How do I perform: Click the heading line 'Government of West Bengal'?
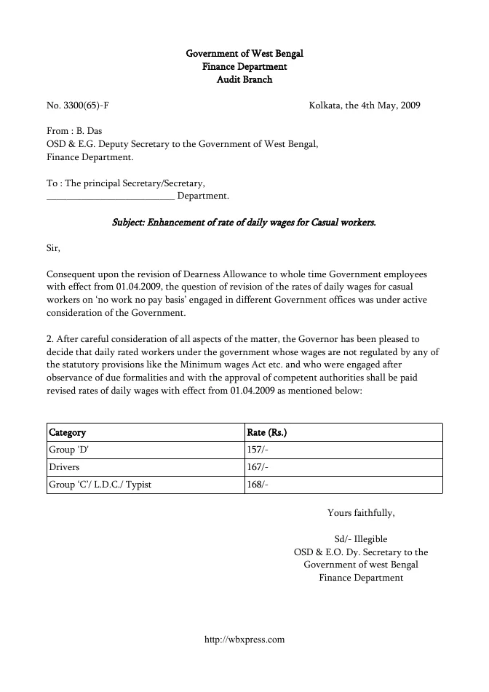pyautogui.click(x=244, y=54)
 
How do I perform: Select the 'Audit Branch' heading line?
pyautogui.click(x=244, y=79)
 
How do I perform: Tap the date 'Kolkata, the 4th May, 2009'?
pyautogui.click(x=364, y=106)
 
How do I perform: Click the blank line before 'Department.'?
pyautogui.click(x=110, y=196)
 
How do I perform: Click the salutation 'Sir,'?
pyautogui.click(x=53, y=248)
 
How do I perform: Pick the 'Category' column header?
pyautogui.click(x=67, y=432)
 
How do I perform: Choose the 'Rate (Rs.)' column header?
pyautogui.click(x=267, y=432)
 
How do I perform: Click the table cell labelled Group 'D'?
pyautogui.click(x=68, y=450)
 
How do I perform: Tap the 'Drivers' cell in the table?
pyautogui.click(x=64, y=467)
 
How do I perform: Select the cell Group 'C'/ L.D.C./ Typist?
pyautogui.click(x=100, y=485)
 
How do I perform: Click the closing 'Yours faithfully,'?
pyautogui.click(x=361, y=513)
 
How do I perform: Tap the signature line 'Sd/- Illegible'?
pyautogui.click(x=361, y=539)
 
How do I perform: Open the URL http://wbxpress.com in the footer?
pyautogui.click(x=244, y=640)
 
